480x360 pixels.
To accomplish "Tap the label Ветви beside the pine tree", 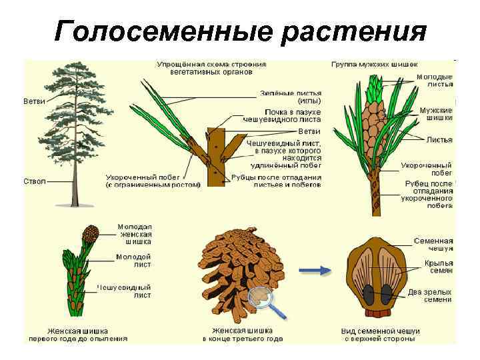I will pyautogui.click(x=35, y=102).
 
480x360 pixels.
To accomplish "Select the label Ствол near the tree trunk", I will pyautogui.click(x=35, y=181).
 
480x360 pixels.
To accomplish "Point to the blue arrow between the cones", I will pyautogui.click(x=315, y=271).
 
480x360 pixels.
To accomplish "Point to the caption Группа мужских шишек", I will pyautogui.click(x=375, y=65).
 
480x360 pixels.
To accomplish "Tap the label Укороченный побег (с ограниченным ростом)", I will pyautogui.click(x=153, y=181).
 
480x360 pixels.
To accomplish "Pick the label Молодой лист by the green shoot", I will pyautogui.click(x=133, y=261).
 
